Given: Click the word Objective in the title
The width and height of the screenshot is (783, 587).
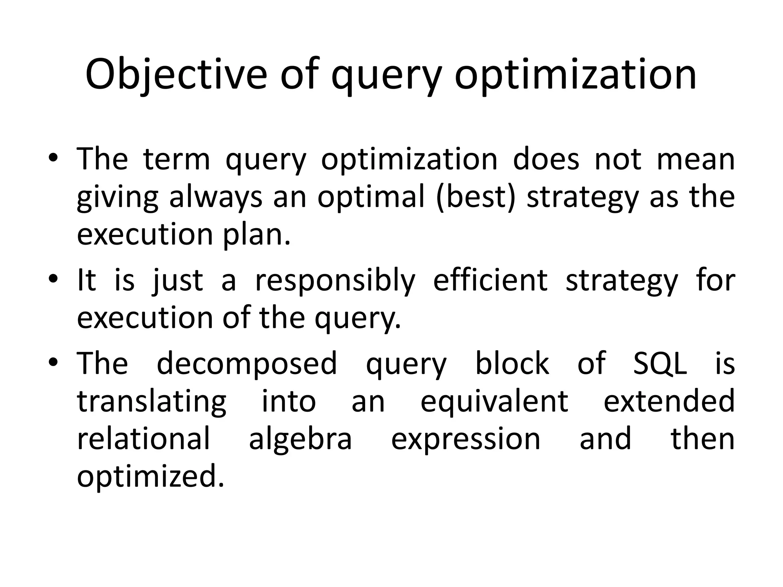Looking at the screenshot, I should (x=176, y=75).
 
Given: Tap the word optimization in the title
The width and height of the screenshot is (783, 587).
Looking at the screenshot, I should (x=575, y=75).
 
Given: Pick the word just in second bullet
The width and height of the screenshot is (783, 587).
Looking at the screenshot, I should (x=178, y=281).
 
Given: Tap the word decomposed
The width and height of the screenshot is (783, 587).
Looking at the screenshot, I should (x=247, y=364).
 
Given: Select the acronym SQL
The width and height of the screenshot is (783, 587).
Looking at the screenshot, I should (x=660, y=364).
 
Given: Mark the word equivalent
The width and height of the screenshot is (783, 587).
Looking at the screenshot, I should (x=494, y=401).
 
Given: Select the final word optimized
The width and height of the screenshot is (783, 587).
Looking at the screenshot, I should (x=150, y=478).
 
